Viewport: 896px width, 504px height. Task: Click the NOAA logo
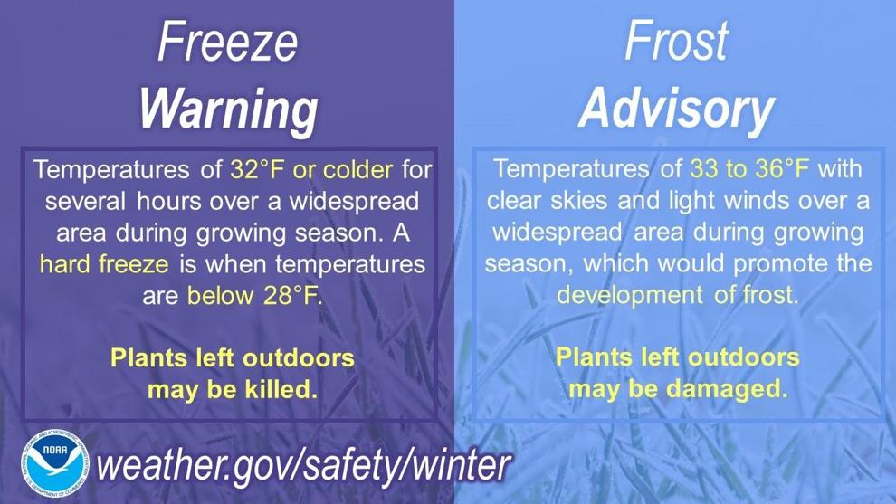(55, 463)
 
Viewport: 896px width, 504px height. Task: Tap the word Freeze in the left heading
(228, 42)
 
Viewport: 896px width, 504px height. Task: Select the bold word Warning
(229, 109)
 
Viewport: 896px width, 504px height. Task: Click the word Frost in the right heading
(677, 41)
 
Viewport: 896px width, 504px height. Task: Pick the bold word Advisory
(677, 109)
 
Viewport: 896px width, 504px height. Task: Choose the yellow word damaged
(728, 390)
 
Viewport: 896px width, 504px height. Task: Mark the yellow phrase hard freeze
(105, 264)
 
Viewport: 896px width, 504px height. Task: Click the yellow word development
(630, 295)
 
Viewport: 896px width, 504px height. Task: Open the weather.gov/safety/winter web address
(303, 465)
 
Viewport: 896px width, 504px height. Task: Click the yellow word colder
(358, 170)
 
